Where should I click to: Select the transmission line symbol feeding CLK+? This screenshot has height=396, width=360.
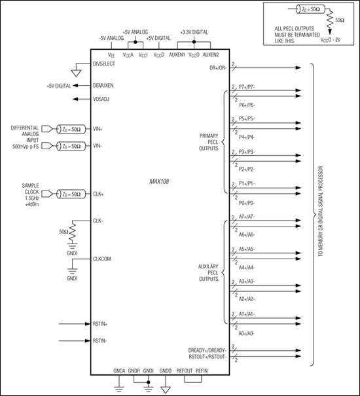click(x=67, y=194)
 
